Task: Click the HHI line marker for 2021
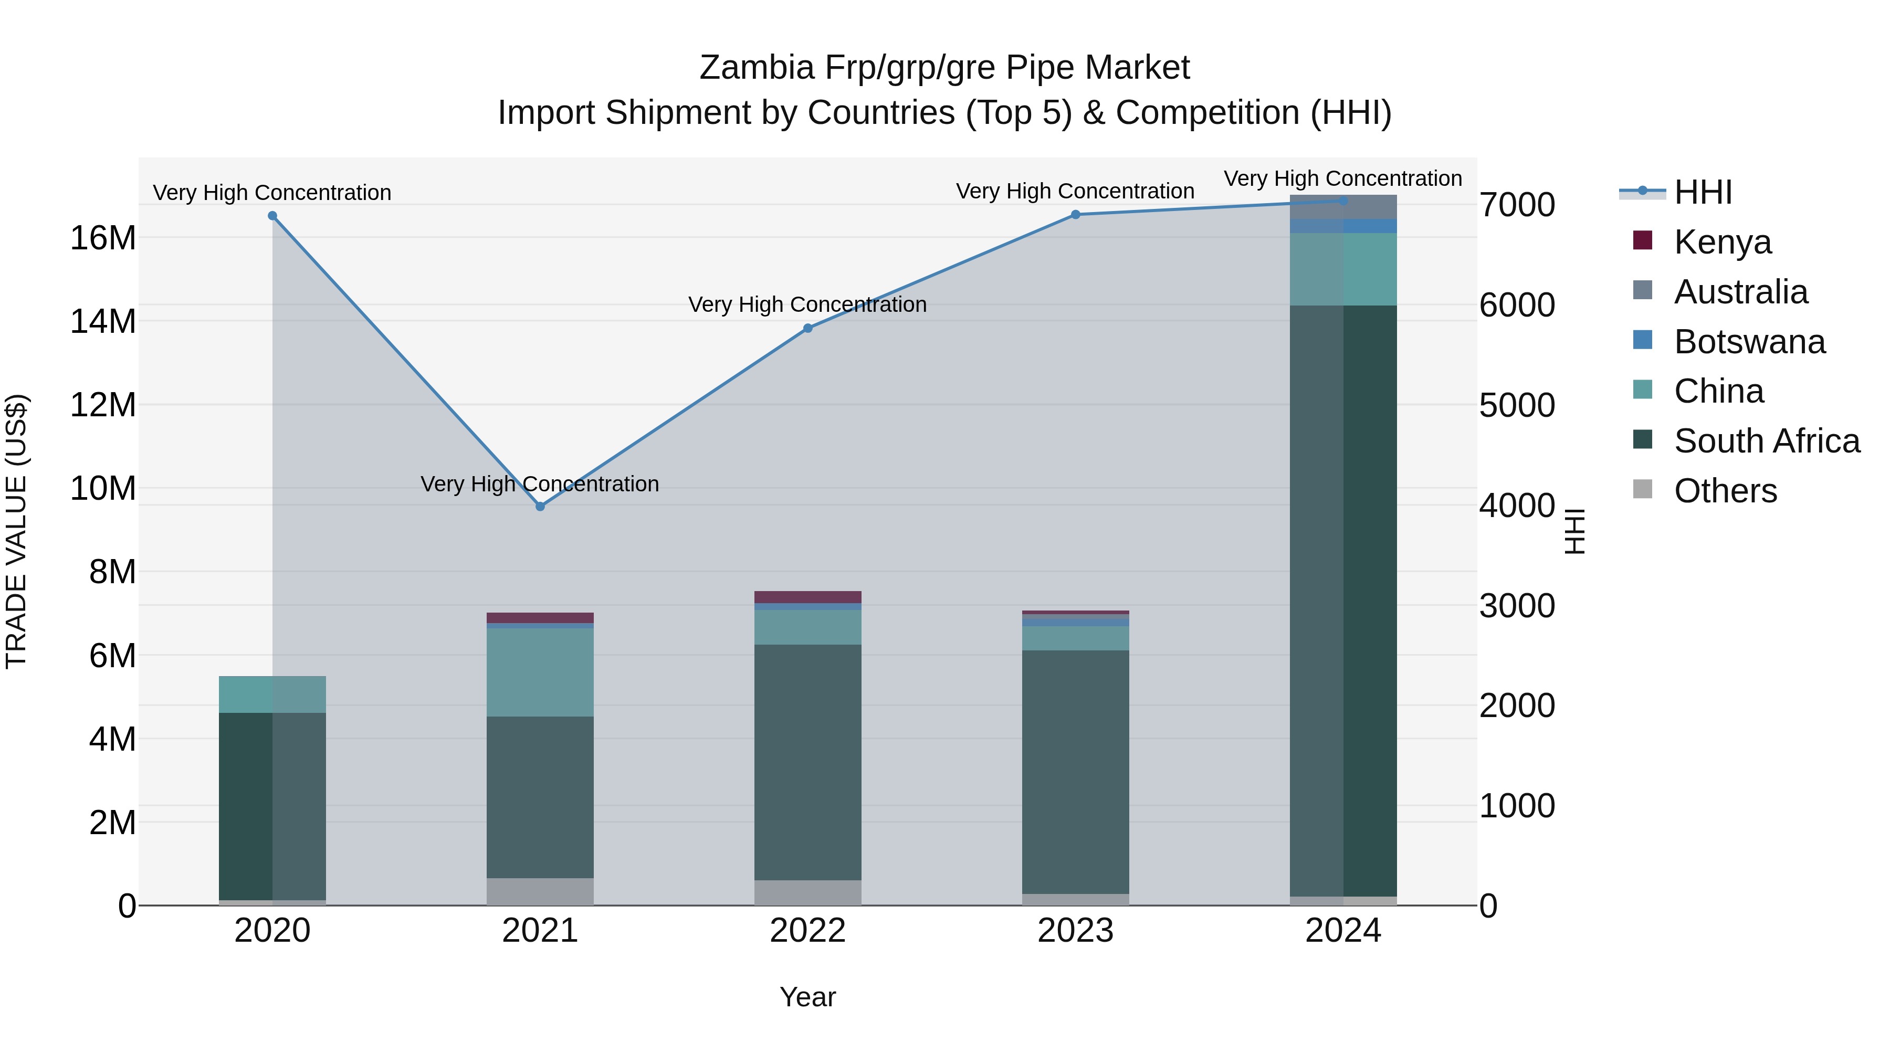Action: click(540, 506)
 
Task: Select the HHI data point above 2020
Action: click(272, 216)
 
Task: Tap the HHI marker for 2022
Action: click(808, 328)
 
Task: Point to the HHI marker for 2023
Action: click(1076, 214)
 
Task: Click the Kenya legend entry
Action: click(1721, 242)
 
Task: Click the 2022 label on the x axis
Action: click(808, 931)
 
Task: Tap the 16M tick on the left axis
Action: click(103, 238)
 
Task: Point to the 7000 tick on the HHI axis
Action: click(1517, 205)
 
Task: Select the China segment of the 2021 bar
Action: click(540, 671)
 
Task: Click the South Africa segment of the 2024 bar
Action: click(1343, 602)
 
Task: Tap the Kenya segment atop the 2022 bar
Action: click(808, 596)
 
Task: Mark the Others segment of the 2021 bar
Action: click(540, 891)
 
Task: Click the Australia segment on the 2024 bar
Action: click(1343, 207)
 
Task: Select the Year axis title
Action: click(808, 997)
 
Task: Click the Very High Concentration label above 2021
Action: click(540, 484)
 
